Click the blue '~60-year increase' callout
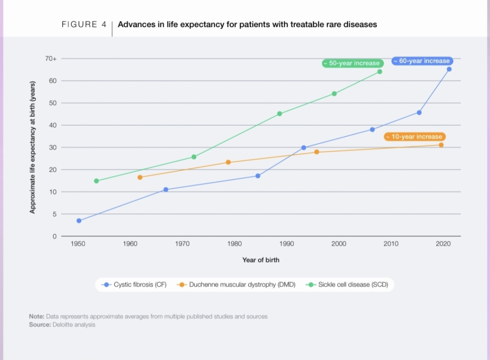422,61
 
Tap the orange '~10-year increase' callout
415,137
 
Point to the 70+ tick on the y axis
51,59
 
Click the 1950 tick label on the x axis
78,244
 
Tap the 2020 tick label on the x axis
443,244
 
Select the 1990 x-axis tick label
287,244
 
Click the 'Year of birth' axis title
261,260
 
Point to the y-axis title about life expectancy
33,148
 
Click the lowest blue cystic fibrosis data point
79,220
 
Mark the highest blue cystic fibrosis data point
449,69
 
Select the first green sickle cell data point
96,181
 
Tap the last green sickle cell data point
379,72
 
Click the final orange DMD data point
441,145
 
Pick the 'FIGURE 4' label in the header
84,24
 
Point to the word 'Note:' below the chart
36,316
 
